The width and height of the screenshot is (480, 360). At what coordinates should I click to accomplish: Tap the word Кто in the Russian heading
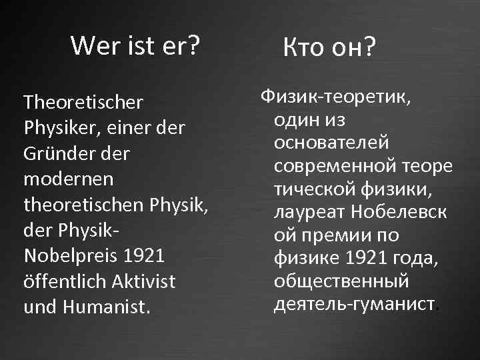pos(305,47)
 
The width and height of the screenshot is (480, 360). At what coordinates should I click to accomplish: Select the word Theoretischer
pos(83,103)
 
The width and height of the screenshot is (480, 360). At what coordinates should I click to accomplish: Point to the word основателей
pos(331,143)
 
